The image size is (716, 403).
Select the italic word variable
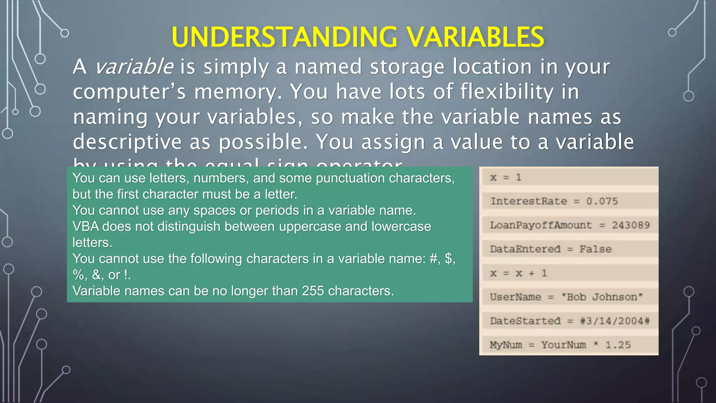(134, 66)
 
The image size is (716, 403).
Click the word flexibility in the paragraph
(507, 92)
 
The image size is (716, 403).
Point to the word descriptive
(127, 142)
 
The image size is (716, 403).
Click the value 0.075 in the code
(602, 201)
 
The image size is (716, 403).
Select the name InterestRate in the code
(529, 201)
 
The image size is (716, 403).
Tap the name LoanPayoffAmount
(541, 225)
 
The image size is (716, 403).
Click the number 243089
(631, 225)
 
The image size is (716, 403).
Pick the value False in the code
(595, 249)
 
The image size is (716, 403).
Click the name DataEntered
(525, 249)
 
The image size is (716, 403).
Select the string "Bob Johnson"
(602, 297)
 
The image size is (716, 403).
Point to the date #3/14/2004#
(615, 321)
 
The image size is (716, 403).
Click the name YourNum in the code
(564, 345)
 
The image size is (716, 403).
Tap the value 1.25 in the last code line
(618, 345)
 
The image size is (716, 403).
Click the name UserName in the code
(515, 297)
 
